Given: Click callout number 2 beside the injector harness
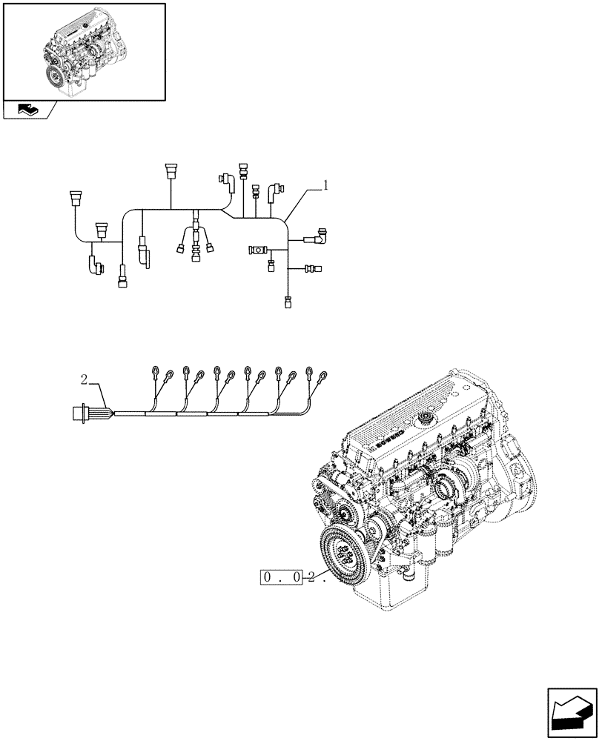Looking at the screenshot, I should point(85,379).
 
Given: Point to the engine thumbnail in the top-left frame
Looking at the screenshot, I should point(84,51).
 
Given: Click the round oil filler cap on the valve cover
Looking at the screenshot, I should point(427,419).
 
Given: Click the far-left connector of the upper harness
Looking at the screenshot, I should point(75,199).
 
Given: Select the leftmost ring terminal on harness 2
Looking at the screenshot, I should point(153,370).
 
